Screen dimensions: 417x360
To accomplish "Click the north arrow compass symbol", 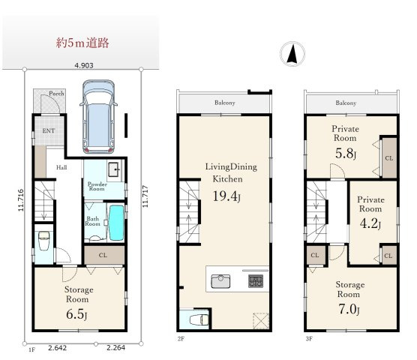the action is point(292,54).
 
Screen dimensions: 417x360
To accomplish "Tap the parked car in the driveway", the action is point(99,117).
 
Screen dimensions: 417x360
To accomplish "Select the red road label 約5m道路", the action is point(82,43).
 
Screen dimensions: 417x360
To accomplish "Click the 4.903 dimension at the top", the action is point(84,65).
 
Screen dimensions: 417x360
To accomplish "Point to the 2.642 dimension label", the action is point(58,348).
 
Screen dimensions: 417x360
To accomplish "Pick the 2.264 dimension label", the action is point(115,348).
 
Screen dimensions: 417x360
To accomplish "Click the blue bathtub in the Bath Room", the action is point(116,223).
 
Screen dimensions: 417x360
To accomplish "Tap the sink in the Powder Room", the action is point(115,169).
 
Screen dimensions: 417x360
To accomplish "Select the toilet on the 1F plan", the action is point(44,241).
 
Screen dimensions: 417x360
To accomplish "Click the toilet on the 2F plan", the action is point(199,319).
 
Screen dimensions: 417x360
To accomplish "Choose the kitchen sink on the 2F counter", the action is point(220,281).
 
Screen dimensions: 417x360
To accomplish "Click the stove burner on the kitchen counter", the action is point(256,281).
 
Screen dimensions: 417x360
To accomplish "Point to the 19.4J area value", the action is point(226,196).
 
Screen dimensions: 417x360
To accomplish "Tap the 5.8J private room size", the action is point(346,154).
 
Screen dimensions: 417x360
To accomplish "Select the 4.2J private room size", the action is point(370,223).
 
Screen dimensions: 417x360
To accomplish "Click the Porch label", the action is point(56,94).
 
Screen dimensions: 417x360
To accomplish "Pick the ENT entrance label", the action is point(49,130).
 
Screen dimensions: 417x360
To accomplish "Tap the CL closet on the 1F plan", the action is point(103,255).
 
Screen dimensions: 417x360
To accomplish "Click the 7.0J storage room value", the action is point(349,309).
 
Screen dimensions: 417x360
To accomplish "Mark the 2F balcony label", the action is point(225,103).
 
